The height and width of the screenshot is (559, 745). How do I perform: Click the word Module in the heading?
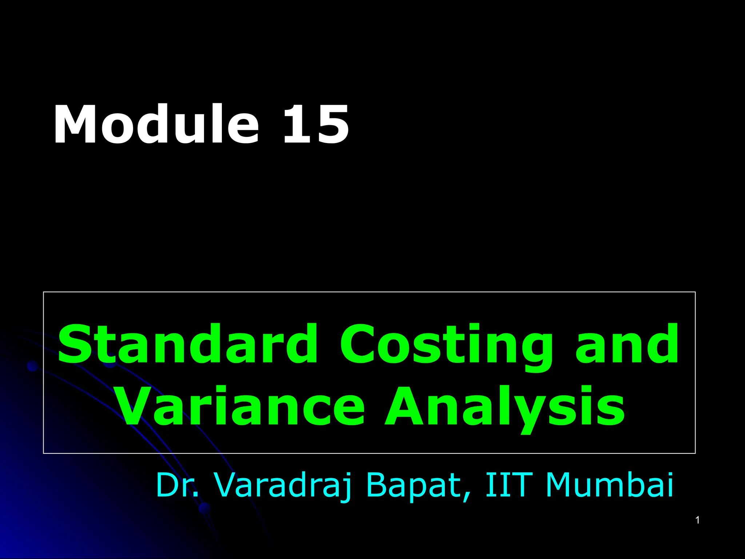156,125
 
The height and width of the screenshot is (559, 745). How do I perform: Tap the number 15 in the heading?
316,125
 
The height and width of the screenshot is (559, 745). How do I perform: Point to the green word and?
626,344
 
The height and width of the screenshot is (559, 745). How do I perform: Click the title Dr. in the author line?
178,485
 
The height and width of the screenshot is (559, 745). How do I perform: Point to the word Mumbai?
610,485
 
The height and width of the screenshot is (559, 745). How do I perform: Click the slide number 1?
697,520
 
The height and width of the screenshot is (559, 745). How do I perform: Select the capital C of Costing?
360,344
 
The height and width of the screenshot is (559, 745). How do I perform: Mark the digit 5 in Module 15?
332,125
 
